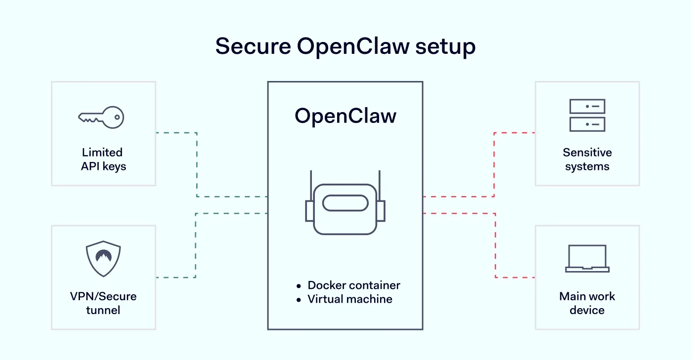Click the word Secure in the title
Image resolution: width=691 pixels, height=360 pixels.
click(253, 46)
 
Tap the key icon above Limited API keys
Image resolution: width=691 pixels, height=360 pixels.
click(101, 118)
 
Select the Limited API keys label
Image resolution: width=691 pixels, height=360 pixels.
click(103, 160)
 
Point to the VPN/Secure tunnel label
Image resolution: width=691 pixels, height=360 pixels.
click(103, 303)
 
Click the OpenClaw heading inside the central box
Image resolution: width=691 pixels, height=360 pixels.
click(345, 116)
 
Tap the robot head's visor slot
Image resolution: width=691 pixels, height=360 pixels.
click(345, 203)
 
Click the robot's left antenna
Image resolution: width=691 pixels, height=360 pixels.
click(311, 185)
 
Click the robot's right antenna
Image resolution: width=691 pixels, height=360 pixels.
click(379, 185)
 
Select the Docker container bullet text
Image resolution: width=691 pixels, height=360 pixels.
click(353, 285)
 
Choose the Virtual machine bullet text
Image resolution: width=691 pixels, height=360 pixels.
click(349, 299)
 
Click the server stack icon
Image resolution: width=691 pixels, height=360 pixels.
click(587, 115)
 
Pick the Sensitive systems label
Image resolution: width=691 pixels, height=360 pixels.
click(587, 160)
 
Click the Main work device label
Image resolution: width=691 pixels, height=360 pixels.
click(587, 303)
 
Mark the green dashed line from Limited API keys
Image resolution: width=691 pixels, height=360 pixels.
click(197, 163)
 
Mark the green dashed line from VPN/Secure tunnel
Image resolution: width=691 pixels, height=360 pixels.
click(196, 247)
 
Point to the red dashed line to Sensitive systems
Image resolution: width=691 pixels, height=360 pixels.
click(494, 163)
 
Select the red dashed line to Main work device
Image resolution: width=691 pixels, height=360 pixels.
click(495, 247)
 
